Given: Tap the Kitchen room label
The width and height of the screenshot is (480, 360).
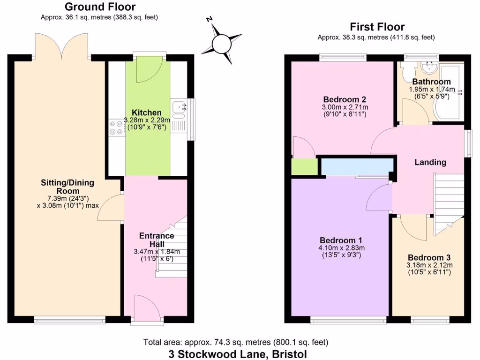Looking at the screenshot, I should (x=146, y=112).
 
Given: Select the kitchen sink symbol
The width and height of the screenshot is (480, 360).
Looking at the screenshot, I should (x=179, y=109).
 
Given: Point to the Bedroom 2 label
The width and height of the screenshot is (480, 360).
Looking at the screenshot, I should (x=345, y=99).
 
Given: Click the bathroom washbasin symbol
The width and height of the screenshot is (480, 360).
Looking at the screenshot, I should (x=428, y=68).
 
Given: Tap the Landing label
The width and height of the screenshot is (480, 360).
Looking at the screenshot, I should (x=430, y=162).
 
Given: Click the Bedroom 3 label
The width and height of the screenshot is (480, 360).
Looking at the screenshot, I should (x=429, y=257).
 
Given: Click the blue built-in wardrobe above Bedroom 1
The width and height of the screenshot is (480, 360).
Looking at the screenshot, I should (x=357, y=166).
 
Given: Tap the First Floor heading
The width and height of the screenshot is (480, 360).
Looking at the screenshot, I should (x=377, y=27).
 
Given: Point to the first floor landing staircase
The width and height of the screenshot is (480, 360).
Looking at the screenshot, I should (x=447, y=202).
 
